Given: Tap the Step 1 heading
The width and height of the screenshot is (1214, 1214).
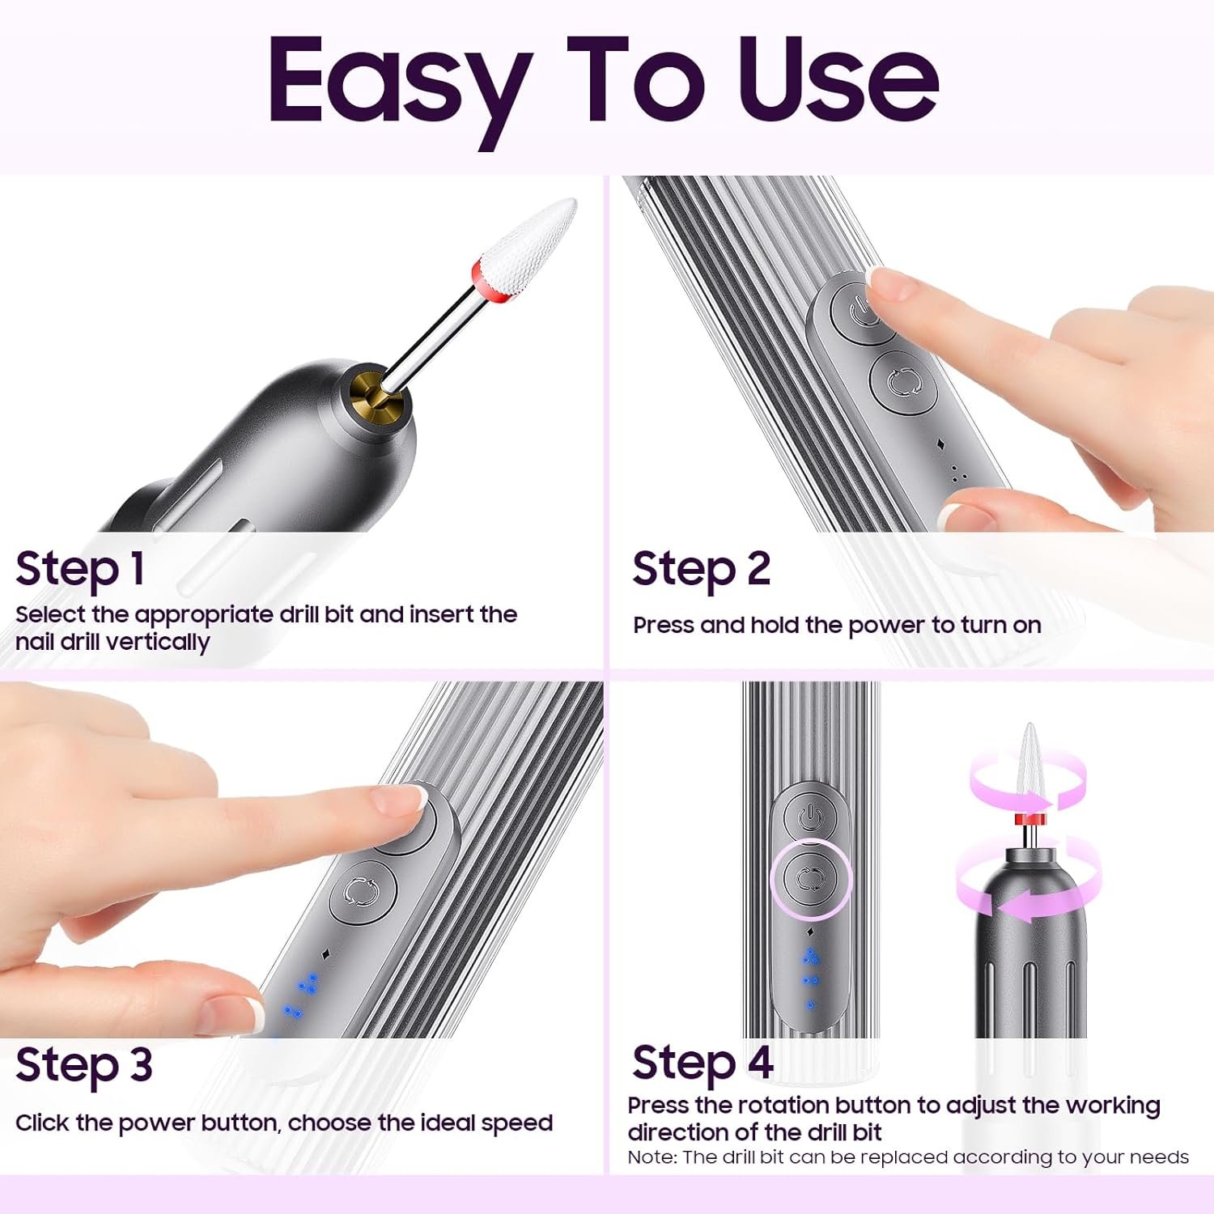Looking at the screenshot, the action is tap(80, 570).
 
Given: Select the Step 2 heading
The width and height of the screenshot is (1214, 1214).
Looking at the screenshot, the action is tap(701, 570).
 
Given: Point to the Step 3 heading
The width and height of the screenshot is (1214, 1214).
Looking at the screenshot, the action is tap(84, 1065).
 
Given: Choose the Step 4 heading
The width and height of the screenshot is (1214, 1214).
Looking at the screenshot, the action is tap(703, 1063).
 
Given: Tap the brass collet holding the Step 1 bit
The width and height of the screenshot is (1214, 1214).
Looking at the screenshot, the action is tap(373, 393).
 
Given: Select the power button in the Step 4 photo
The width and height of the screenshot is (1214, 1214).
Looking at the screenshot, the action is tap(811, 817).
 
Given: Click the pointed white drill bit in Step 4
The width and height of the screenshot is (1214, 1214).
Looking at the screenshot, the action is tap(1029, 768).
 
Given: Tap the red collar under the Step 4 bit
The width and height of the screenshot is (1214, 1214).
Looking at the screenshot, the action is tap(1029, 821).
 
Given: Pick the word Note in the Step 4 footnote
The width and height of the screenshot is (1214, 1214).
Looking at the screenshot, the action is tap(652, 1157).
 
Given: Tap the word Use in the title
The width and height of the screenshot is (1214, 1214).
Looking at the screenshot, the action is tap(839, 81).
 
